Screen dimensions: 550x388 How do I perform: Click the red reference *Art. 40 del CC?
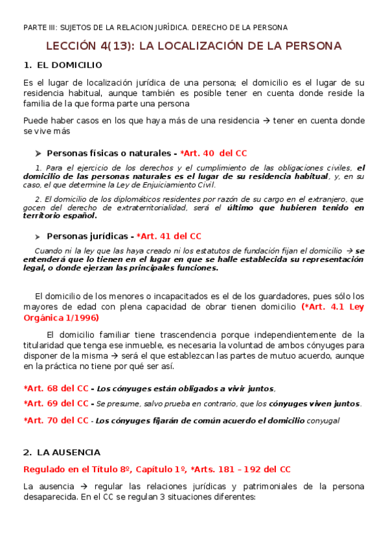[214, 153]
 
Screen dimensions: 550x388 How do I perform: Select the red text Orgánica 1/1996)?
[60, 318]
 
